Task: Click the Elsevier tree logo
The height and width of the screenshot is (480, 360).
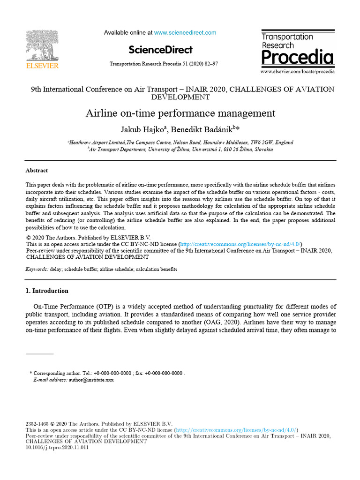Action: point(42,46)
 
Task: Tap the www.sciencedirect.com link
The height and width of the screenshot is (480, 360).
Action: point(185,33)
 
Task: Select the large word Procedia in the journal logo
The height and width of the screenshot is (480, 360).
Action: point(297,58)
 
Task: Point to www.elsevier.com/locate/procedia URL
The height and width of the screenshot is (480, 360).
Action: point(298,72)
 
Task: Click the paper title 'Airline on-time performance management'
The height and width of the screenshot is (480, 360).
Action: point(180,113)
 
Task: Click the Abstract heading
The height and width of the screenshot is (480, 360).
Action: point(37,171)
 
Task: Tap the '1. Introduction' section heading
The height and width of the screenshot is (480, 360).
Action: point(47,291)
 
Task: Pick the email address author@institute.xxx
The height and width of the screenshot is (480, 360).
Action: point(91,380)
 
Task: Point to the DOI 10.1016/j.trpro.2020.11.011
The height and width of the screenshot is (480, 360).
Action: point(57,447)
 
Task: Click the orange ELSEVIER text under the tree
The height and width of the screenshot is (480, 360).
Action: point(42,66)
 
